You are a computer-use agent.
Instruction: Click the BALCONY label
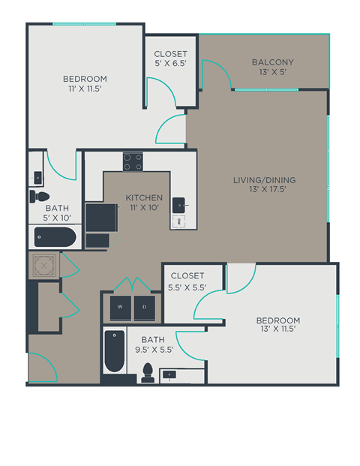coord(273,62)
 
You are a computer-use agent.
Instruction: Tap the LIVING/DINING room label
coord(264,180)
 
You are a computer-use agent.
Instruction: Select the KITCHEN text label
coord(144,198)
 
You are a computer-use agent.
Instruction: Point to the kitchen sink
coord(180,203)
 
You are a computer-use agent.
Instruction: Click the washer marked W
coord(120,306)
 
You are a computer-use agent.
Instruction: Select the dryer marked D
coord(145,306)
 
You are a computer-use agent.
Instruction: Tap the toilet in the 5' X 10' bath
coord(38,197)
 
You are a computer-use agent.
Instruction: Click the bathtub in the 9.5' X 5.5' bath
coord(114,353)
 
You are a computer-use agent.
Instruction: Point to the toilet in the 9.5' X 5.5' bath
coord(148,371)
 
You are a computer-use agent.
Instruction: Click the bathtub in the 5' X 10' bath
coord(55,239)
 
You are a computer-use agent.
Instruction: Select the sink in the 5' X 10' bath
coord(37,178)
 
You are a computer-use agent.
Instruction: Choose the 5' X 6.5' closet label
coord(170,65)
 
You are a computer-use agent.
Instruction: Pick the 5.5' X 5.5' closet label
coord(187,287)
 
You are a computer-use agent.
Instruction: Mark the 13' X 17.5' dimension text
coord(264,191)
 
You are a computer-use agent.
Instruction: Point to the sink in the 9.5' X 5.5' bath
coord(171,373)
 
